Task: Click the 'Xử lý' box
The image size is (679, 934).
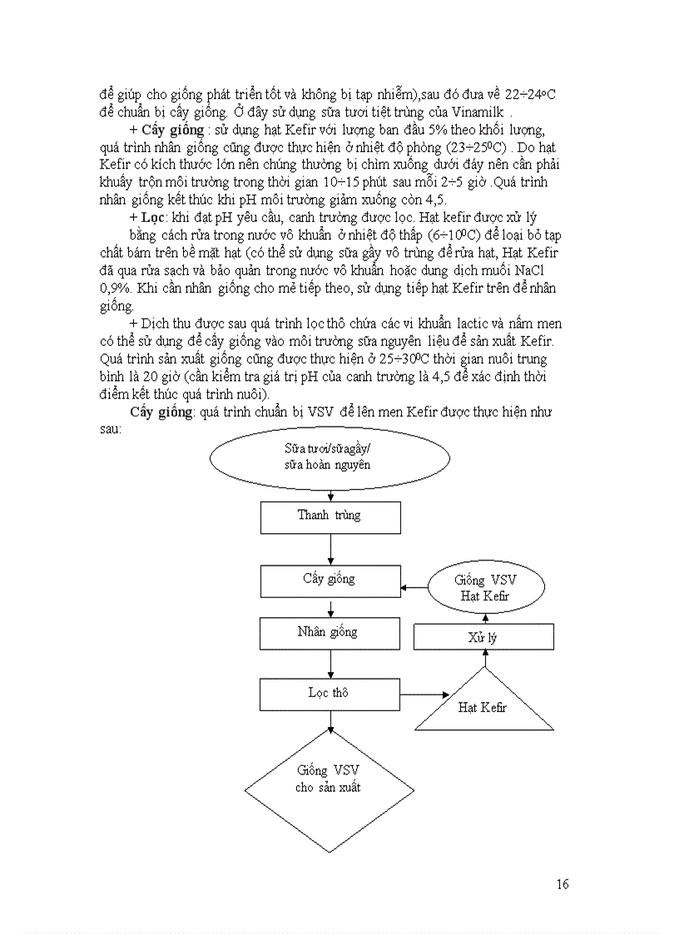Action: click(483, 637)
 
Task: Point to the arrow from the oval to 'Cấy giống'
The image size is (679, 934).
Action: click(414, 589)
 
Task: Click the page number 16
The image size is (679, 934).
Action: click(563, 884)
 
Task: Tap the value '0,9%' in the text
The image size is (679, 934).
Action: click(115, 285)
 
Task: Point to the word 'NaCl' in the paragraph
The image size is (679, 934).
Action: click(519, 270)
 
